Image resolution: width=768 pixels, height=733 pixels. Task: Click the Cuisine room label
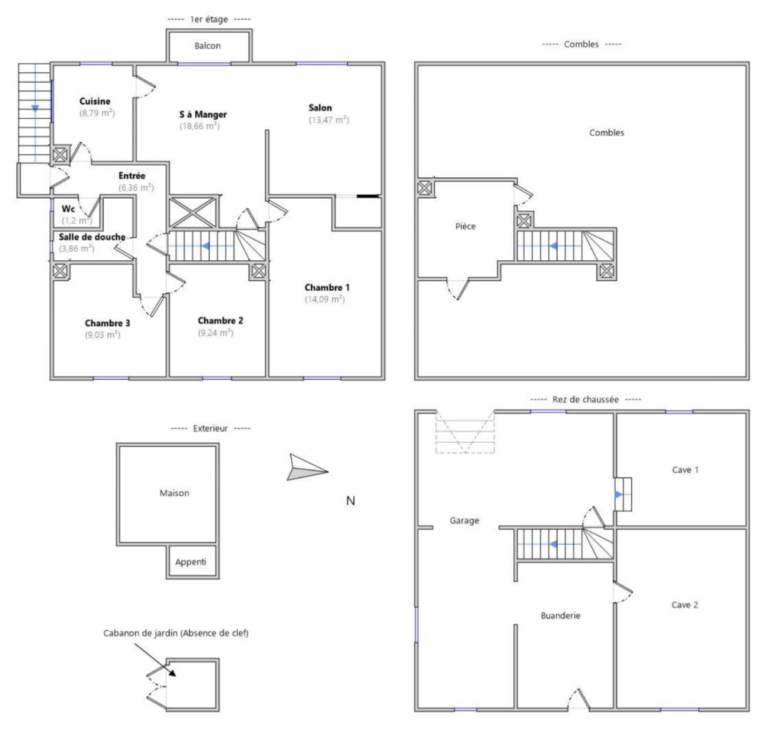(95, 101)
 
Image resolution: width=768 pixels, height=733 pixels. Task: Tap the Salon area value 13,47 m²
(329, 120)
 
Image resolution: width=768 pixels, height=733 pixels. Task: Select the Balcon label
(207, 46)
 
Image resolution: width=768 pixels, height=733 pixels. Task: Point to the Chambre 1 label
(327, 287)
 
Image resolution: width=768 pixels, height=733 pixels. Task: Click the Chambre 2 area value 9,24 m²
(216, 333)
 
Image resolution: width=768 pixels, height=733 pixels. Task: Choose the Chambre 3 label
(108, 323)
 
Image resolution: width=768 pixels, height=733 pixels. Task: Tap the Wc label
(68, 209)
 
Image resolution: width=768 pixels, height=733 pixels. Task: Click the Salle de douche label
(92, 237)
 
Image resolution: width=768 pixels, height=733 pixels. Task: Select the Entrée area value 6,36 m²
(136, 187)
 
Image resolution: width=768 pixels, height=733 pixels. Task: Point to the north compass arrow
(307, 467)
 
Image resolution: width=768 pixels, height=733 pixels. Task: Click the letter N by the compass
(351, 501)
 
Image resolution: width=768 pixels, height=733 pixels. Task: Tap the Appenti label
(191, 562)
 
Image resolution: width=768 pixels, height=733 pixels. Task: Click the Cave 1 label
(685, 470)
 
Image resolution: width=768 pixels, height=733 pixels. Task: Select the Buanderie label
(561, 616)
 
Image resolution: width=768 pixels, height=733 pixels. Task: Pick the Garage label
(465, 520)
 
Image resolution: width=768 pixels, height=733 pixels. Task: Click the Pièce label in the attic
(465, 226)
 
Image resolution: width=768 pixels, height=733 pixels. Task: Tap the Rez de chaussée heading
(586, 400)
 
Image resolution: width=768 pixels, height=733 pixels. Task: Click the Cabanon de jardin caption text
(176, 633)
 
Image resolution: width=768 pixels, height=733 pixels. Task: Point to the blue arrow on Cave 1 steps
(620, 494)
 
